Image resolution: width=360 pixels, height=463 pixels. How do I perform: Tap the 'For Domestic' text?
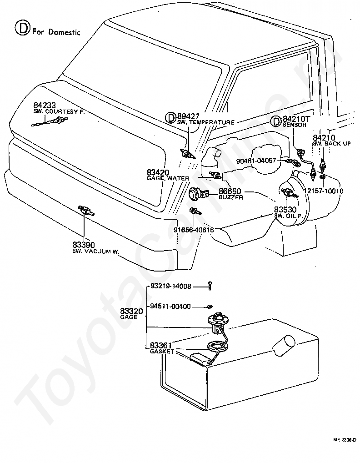(x=56, y=32)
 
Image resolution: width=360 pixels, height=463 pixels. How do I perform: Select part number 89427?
(x=188, y=116)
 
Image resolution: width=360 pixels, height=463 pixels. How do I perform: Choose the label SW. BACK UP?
(x=331, y=143)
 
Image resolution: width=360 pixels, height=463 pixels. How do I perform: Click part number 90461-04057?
(x=256, y=160)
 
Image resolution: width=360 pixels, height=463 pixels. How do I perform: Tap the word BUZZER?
(x=230, y=198)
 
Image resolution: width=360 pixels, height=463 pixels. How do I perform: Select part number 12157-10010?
(x=323, y=191)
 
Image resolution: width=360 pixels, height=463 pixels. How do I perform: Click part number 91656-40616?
(x=194, y=230)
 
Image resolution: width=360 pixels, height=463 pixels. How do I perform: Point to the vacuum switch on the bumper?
(x=85, y=210)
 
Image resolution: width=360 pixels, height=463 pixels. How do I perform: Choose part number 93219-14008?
(x=170, y=287)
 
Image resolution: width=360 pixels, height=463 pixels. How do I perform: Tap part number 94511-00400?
(x=170, y=306)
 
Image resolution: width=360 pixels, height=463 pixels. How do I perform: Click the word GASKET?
(x=162, y=352)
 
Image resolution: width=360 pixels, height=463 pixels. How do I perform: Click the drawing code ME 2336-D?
(x=344, y=440)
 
